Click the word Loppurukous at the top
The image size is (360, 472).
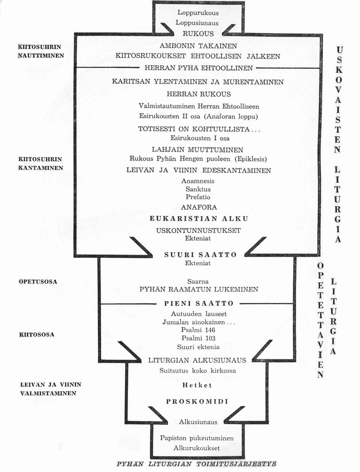click(x=198, y=13)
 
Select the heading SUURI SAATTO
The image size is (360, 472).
click(x=200, y=255)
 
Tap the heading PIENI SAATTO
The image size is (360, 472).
click(x=199, y=303)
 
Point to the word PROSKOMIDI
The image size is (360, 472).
click(x=197, y=402)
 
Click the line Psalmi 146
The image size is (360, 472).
click(x=198, y=330)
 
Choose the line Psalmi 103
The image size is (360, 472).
click(x=198, y=338)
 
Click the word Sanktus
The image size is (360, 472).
click(x=198, y=189)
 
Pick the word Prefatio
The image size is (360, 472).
click(x=198, y=197)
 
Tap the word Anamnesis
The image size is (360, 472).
click(x=198, y=181)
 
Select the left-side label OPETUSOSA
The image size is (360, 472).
click(x=38, y=282)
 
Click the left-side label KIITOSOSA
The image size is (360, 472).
click(x=37, y=335)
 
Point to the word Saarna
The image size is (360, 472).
click(x=198, y=281)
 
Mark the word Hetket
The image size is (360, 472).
click(x=197, y=385)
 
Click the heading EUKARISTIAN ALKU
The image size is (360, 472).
click(x=199, y=219)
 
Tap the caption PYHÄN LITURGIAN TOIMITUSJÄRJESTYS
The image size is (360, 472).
click(x=196, y=464)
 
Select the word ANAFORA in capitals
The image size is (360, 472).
click(x=199, y=207)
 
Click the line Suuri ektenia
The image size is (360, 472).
click(x=198, y=347)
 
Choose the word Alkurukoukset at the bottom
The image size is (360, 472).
click(x=196, y=448)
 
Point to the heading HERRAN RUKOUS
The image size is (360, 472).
click(x=199, y=94)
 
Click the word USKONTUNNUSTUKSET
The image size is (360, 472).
click(x=198, y=231)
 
